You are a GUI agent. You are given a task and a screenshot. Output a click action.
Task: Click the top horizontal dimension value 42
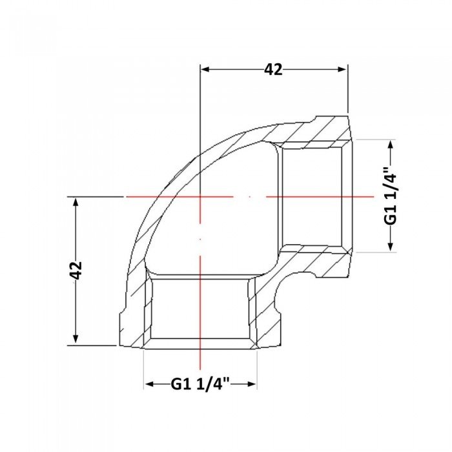pyautogui.click(x=273, y=70)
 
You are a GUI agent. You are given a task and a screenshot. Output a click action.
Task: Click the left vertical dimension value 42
pyautogui.click(x=76, y=271)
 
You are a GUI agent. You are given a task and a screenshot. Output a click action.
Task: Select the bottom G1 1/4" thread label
pyautogui.click(x=200, y=384)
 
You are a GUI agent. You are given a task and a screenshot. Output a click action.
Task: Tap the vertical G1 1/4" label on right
pyautogui.click(x=391, y=196)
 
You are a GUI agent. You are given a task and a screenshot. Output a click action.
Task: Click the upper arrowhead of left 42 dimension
pyautogui.click(x=76, y=201)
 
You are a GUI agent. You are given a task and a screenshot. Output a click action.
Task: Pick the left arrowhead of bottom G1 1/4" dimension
pyautogui.click(x=149, y=384)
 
